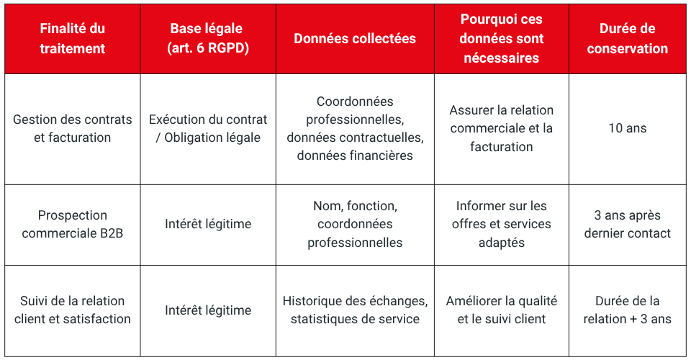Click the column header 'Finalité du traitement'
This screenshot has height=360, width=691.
[x=72, y=39]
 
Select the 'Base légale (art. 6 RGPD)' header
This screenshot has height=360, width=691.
[x=207, y=39]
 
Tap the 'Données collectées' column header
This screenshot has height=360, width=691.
[x=355, y=39]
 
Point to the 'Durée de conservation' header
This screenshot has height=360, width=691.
[x=627, y=39]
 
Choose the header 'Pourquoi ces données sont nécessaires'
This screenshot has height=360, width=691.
[x=501, y=39]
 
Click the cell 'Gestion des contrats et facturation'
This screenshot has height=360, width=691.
[x=72, y=128]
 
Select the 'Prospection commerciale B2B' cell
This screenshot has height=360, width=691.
[x=72, y=224]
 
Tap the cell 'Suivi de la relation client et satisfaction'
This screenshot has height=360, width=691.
[x=72, y=310]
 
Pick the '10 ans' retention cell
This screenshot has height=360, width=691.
[x=627, y=128]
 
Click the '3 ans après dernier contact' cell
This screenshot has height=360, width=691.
[x=627, y=224]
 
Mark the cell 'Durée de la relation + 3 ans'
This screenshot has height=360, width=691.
[x=627, y=310]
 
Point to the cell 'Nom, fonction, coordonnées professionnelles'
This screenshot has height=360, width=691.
[x=355, y=224]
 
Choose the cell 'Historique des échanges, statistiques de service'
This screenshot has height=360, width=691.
[x=355, y=310]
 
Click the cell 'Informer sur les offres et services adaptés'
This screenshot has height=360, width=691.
[x=501, y=224]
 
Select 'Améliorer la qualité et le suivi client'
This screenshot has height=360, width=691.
[x=501, y=310]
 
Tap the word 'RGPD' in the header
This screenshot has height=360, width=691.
[x=230, y=49]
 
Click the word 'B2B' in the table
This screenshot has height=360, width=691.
[x=108, y=233]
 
